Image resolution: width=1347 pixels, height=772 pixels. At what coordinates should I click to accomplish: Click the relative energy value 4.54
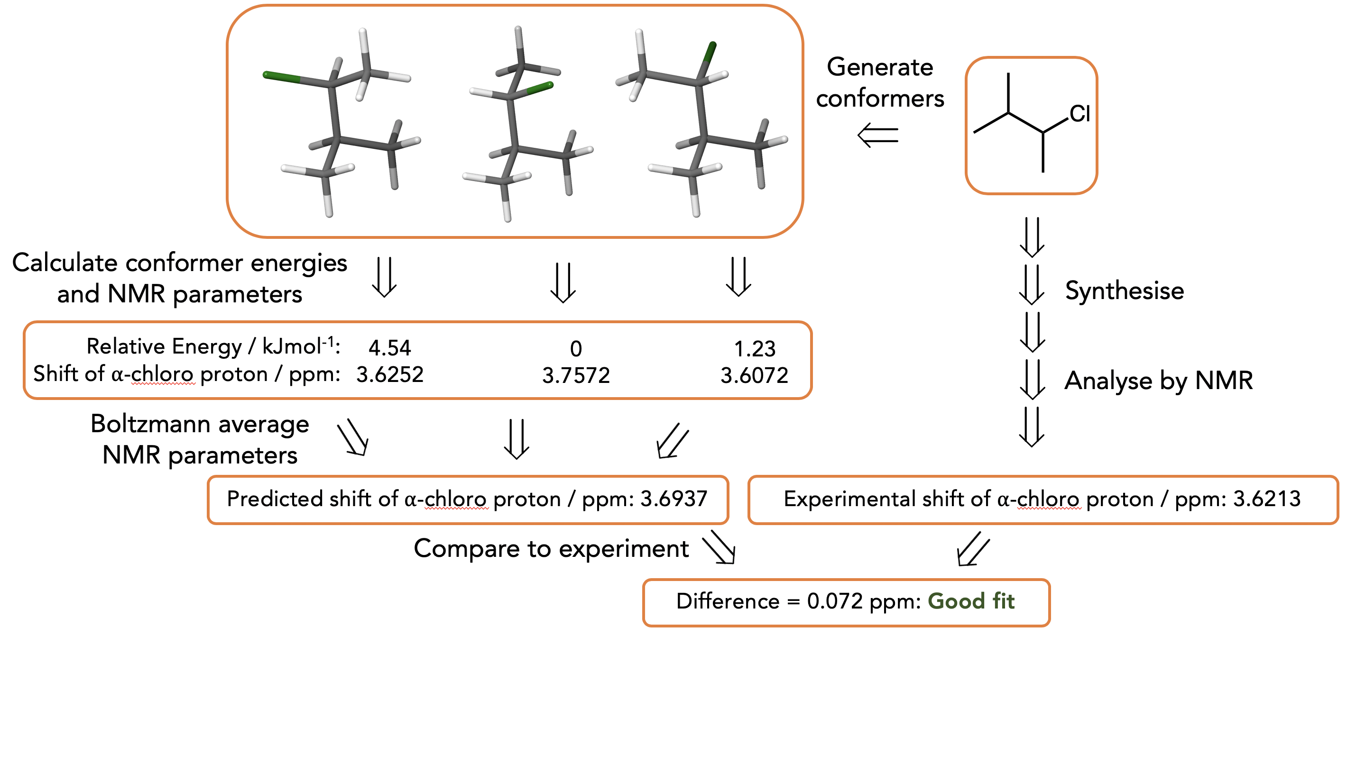click(389, 348)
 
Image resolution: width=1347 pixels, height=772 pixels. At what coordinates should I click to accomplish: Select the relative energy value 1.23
click(755, 349)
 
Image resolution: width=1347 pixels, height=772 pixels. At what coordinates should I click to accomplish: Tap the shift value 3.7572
click(576, 375)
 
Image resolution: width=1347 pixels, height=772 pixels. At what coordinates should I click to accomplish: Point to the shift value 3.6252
click(389, 375)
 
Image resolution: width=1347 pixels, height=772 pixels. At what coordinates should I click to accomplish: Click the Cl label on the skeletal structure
click(1079, 113)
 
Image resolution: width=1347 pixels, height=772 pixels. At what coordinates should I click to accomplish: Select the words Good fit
click(971, 601)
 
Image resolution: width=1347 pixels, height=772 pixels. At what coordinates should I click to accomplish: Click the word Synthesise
click(1124, 291)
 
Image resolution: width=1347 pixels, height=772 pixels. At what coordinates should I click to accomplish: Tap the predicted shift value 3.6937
click(674, 499)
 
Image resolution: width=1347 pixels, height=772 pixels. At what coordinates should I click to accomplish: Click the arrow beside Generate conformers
click(878, 135)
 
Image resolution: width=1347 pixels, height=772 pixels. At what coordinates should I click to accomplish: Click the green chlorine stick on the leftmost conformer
click(282, 78)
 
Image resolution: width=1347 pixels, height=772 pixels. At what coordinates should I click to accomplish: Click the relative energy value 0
click(576, 349)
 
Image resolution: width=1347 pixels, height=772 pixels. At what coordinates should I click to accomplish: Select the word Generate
click(880, 67)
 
